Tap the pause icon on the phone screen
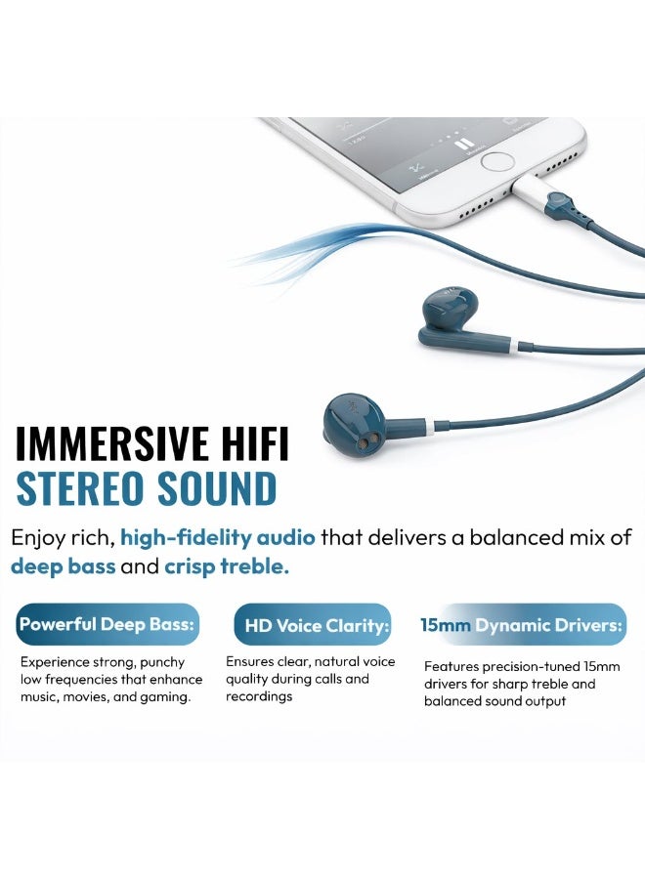tap(463, 143)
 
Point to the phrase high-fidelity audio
tap(218, 536)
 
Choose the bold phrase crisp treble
tap(227, 566)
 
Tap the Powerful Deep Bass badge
tap(107, 624)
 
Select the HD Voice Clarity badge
tap(313, 625)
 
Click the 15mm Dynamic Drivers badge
tap(522, 625)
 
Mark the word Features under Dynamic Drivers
tap(451, 666)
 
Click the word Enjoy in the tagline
tap(36, 536)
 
